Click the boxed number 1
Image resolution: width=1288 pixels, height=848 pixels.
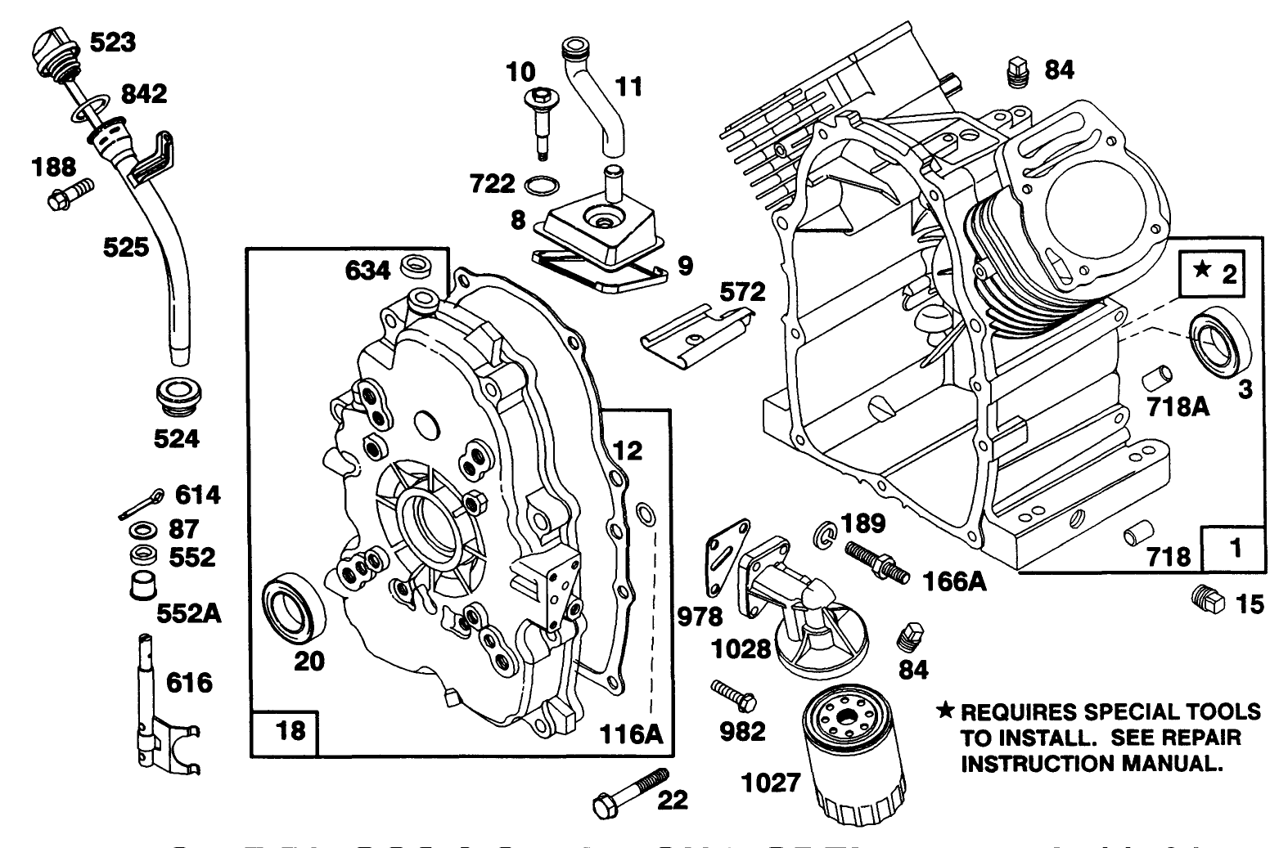(1235, 549)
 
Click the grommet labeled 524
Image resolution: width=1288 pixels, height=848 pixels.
(178, 397)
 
